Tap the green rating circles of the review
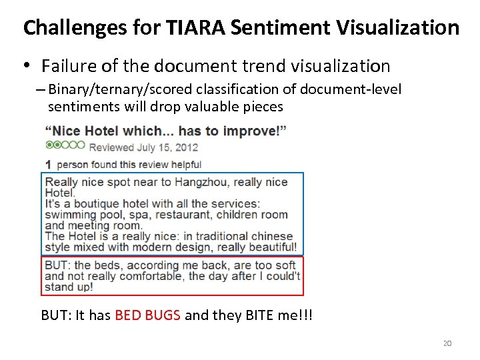coord(65,145)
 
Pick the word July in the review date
coord(147,147)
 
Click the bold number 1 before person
coord(49,164)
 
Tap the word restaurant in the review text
coord(200,215)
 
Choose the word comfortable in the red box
coord(152,276)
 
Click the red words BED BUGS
coord(147,315)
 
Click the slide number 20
coord(447,343)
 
